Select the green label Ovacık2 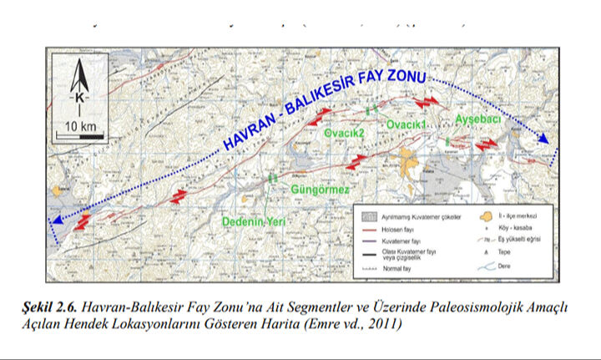(x=345, y=132)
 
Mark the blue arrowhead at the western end (x=55, y=221)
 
